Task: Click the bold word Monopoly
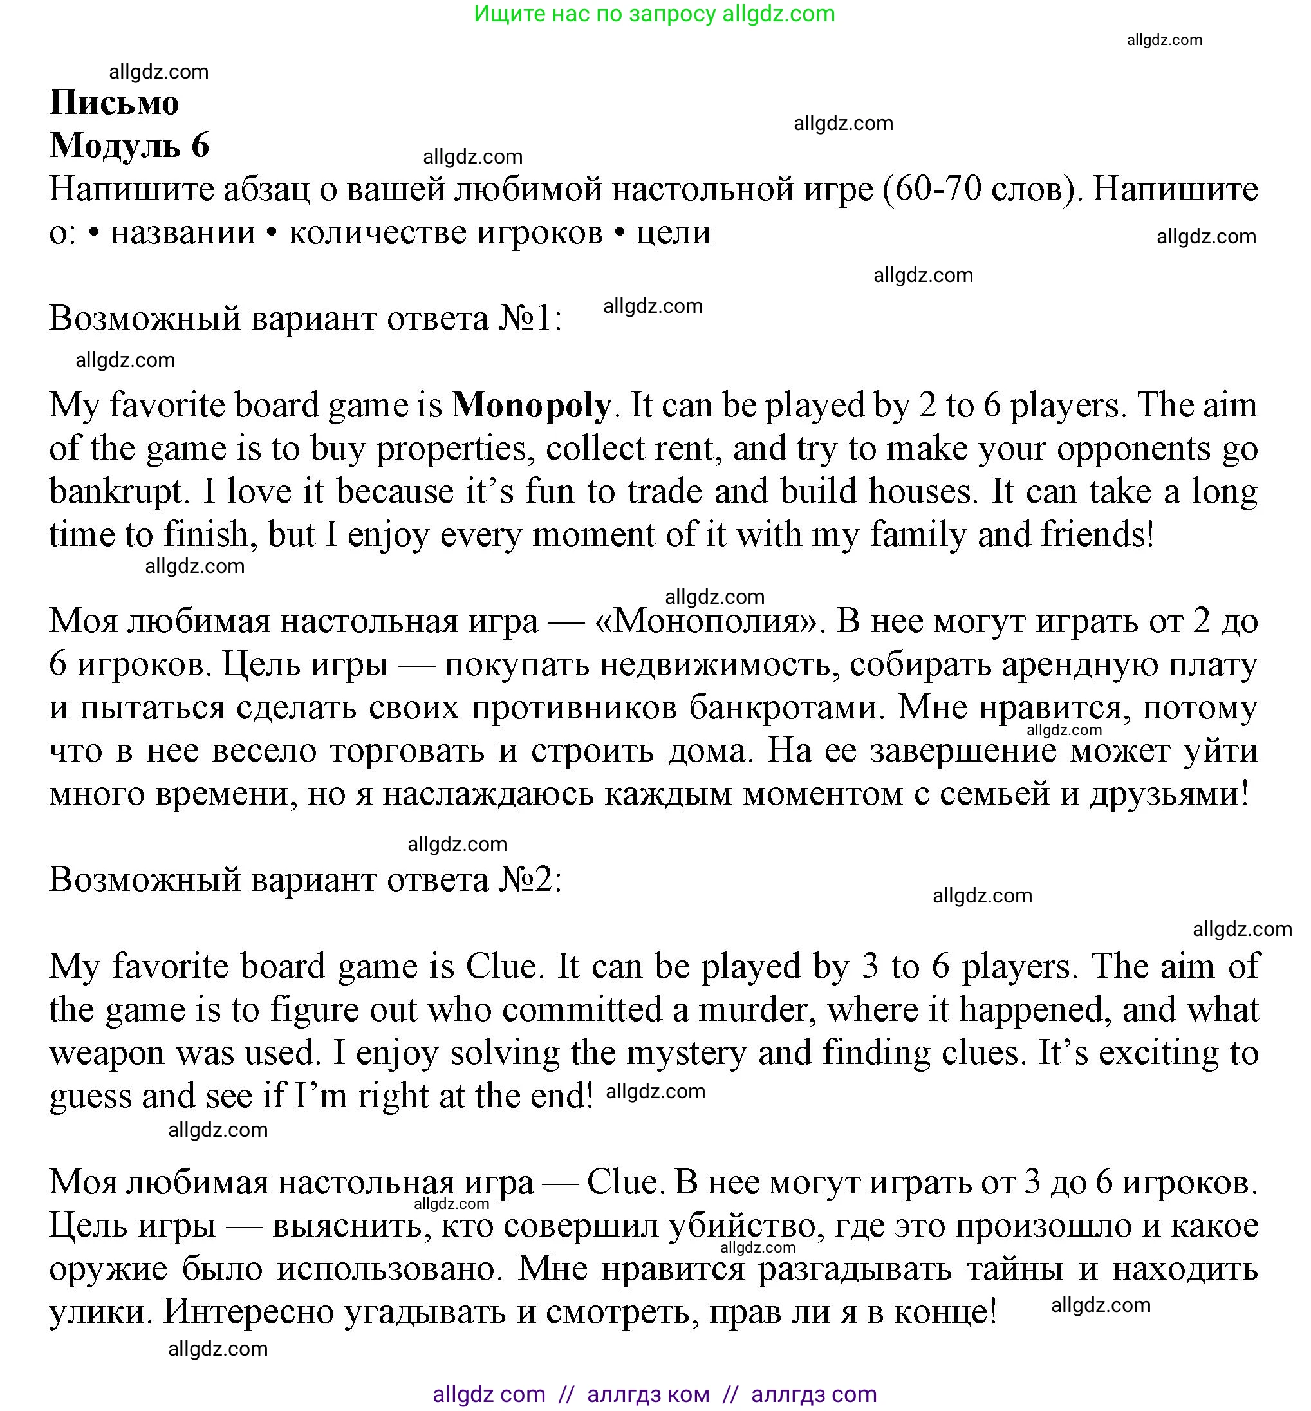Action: point(532,406)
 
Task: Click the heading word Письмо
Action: point(114,103)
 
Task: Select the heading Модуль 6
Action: point(130,145)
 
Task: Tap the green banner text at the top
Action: point(654,14)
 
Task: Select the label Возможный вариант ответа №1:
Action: point(305,319)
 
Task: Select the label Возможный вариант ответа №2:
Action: point(305,880)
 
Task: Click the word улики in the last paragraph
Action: point(100,1313)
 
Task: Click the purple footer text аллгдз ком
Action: point(647,1395)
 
